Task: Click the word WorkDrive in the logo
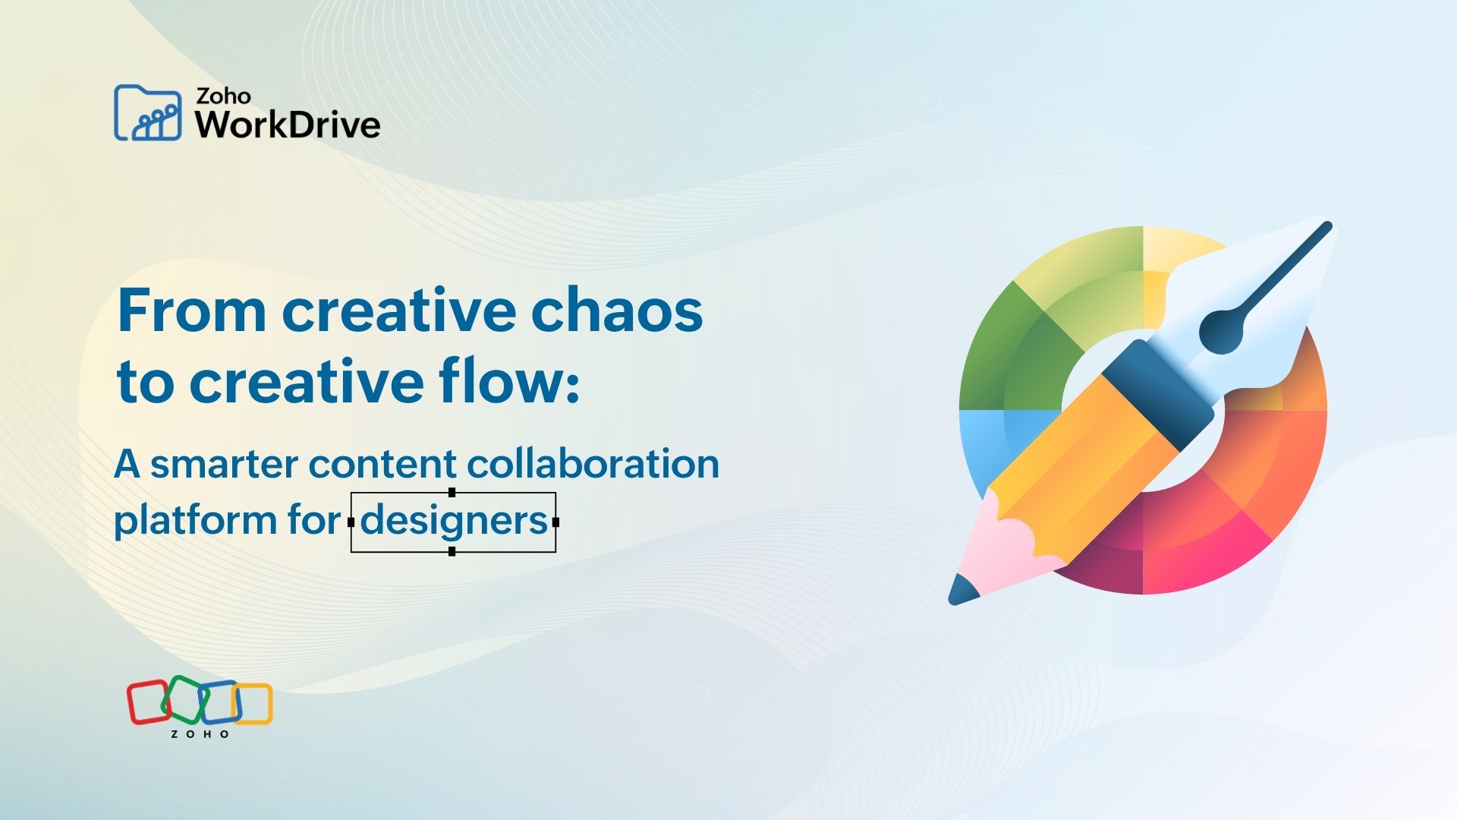[288, 125]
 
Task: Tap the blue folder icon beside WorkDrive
[148, 112]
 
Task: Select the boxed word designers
[454, 522]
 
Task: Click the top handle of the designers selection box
[452, 493]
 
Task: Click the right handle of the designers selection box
[556, 522]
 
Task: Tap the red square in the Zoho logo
[147, 702]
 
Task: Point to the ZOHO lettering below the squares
[200, 734]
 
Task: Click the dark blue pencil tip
[962, 591]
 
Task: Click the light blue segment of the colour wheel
[983, 448]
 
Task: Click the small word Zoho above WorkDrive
[223, 96]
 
